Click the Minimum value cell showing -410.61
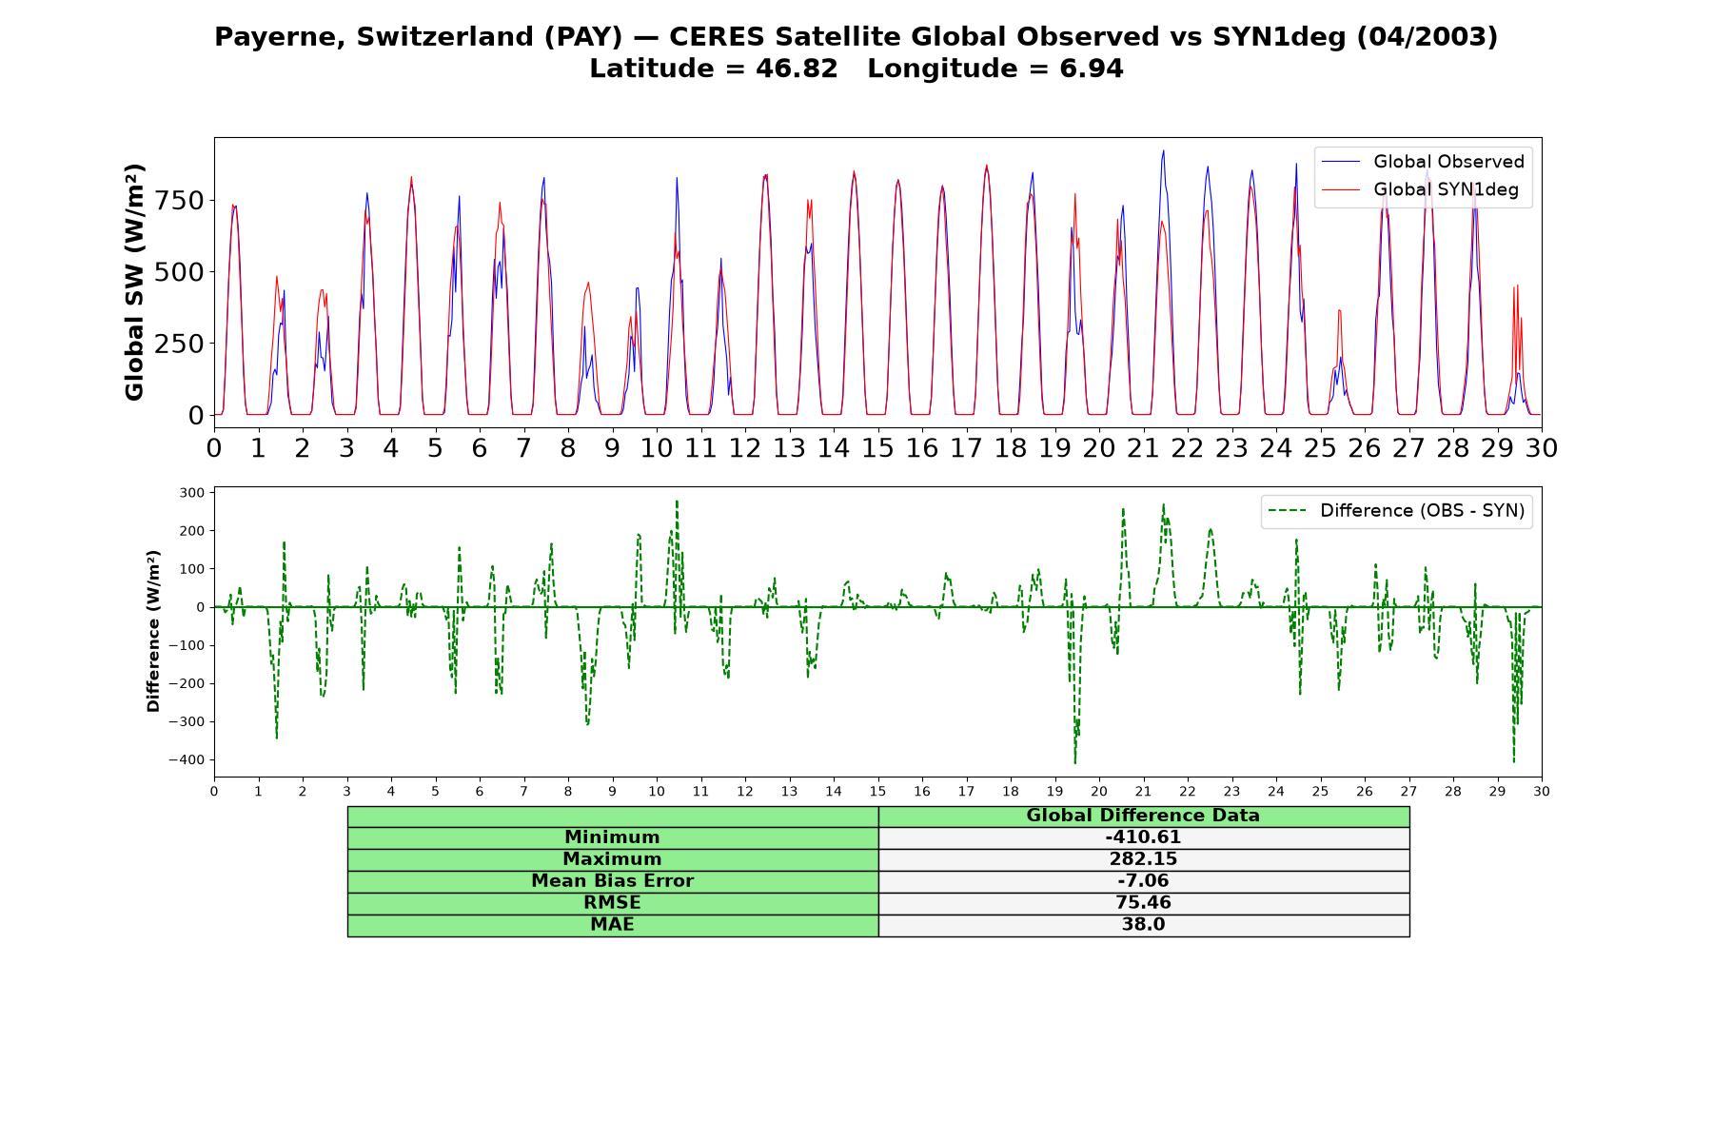1143,837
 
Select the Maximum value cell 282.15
1143,859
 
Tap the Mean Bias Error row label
612,881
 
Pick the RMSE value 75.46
1143,903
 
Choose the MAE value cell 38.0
1143,925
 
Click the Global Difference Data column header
1143,816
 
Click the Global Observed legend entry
1424,162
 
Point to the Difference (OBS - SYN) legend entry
1397,511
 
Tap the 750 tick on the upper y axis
180,201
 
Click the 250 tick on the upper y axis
180,344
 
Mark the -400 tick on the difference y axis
187,760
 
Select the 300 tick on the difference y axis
192,493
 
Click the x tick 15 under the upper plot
877,447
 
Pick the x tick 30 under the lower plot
1542,792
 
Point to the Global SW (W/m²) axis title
134,283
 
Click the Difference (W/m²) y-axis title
153,631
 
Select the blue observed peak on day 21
1163,150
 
